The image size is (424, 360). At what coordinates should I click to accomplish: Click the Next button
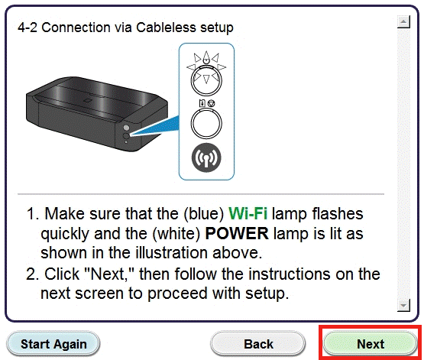click(x=371, y=344)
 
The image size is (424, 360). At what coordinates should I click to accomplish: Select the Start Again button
click(x=53, y=344)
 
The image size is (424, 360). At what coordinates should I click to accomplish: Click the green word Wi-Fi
click(x=248, y=213)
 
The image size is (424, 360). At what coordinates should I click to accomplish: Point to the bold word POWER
click(x=237, y=233)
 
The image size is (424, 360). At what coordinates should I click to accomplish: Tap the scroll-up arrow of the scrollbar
click(x=403, y=21)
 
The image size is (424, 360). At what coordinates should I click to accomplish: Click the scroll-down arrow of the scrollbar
click(x=403, y=306)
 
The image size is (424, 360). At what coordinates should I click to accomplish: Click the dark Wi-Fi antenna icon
click(x=206, y=158)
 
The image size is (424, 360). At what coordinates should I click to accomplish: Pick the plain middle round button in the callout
click(x=206, y=123)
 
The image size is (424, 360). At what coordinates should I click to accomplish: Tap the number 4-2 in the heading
click(x=28, y=28)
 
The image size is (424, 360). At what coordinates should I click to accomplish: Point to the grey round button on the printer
click(x=126, y=128)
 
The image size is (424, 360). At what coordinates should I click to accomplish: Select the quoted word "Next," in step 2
click(x=108, y=274)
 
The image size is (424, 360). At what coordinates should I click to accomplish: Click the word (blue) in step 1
click(x=204, y=214)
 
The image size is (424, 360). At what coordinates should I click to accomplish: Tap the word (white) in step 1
click(x=176, y=233)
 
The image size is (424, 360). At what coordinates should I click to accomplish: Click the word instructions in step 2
click(x=290, y=274)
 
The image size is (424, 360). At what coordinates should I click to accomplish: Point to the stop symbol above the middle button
click(x=212, y=103)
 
